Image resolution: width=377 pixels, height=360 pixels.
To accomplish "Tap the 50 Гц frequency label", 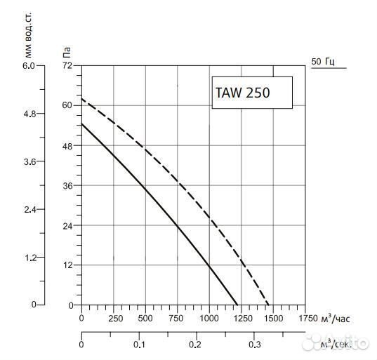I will click(324, 62).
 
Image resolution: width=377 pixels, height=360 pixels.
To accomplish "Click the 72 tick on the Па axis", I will click(67, 65).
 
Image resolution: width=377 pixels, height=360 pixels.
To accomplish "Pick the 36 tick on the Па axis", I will click(67, 185).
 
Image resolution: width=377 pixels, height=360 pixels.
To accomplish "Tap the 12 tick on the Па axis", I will click(67, 265).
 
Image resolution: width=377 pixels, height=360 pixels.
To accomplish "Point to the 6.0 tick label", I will click(28, 65).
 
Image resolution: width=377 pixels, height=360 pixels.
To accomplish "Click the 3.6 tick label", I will click(28, 161).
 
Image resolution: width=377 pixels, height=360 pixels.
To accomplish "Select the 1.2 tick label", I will click(28, 257).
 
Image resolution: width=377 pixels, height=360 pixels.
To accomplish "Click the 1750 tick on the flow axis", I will click(307, 319).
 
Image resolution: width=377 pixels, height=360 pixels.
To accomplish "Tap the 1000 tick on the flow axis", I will click(209, 319).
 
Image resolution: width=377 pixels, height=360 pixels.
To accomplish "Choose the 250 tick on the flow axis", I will click(114, 319).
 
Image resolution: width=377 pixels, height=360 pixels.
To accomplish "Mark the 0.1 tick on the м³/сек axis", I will click(139, 345).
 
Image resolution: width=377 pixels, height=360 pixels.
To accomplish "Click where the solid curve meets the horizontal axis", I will click(238, 305).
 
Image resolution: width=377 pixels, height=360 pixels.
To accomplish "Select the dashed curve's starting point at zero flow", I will click(82, 99).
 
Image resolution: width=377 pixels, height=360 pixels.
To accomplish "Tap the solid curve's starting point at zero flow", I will click(82, 124).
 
